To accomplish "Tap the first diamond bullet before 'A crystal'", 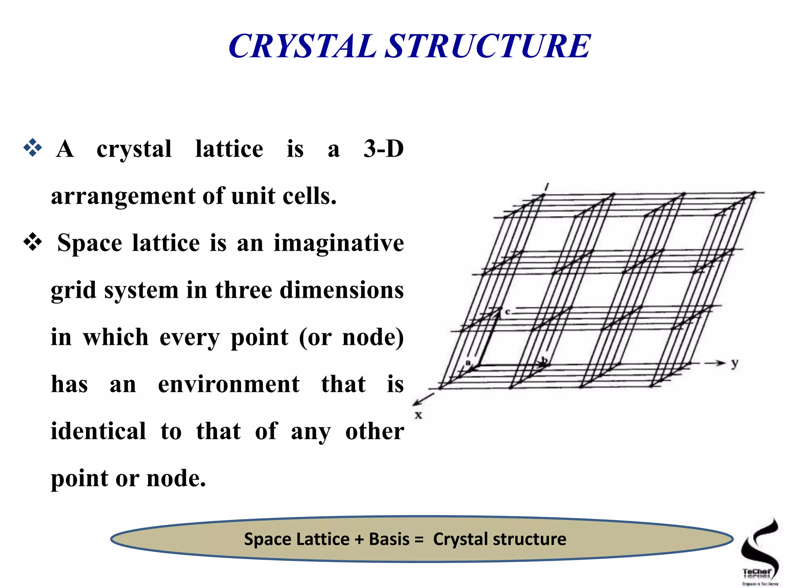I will [x=33, y=147].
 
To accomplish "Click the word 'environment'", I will [x=229, y=384].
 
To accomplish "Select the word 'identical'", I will [x=99, y=431].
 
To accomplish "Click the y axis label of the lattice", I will [x=734, y=363].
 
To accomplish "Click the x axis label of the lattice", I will [x=418, y=415].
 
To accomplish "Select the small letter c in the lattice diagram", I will [x=507, y=312].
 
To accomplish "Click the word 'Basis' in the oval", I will [x=389, y=539].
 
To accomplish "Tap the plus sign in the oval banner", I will [x=359, y=539].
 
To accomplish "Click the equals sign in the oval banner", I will [x=419, y=539].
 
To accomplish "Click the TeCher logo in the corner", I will [x=759, y=551].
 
